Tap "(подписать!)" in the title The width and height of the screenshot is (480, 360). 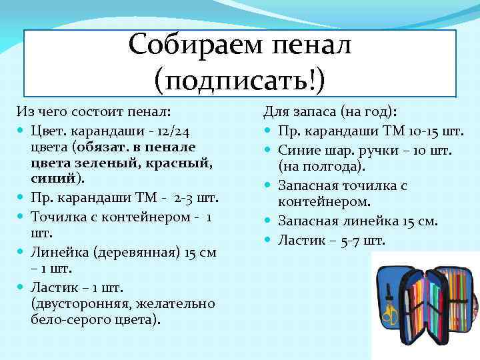point(239,79)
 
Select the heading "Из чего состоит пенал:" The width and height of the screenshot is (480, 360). point(93,111)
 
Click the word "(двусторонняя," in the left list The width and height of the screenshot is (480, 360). point(75,303)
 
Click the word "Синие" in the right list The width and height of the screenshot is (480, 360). point(297,149)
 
